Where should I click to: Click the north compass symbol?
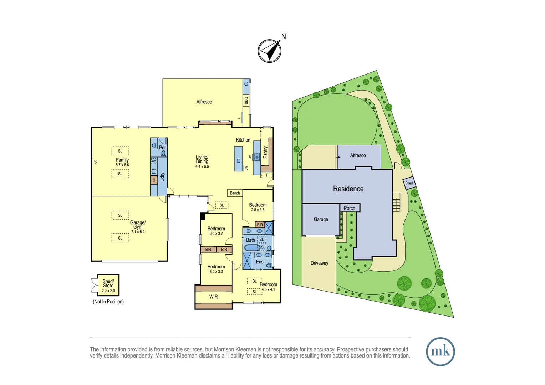pos(270,51)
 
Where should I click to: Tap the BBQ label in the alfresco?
pos(246,101)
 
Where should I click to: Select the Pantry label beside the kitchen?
pos(265,152)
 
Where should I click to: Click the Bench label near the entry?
pos(235,193)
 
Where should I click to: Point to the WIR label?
pos(213,297)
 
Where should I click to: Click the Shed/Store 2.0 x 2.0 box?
pos(108,285)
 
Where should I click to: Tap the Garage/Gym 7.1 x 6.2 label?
pos(138,226)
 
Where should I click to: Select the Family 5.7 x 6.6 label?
pos(122,162)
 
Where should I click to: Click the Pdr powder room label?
pos(162,148)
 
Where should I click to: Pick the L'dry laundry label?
pos(162,177)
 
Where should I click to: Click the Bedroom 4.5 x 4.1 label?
pos(268,287)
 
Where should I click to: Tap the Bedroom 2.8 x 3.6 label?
pos(258,207)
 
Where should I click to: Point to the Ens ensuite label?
pos(260,262)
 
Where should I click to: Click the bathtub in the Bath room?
pos(252,247)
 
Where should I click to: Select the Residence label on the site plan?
pos(348,189)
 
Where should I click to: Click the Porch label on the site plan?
pos(349,208)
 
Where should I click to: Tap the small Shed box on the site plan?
pos(409,183)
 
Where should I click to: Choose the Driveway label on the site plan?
pos(319,263)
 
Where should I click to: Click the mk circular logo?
pos(440,351)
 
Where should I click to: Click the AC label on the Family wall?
pos(96,162)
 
